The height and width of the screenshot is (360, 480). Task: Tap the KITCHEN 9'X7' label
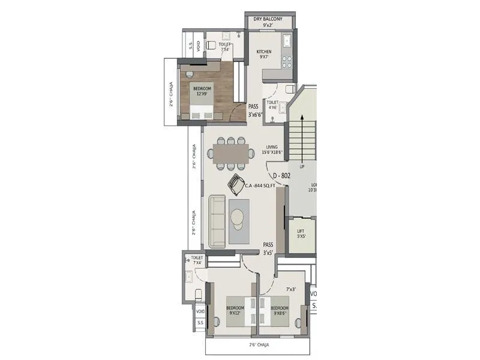coord(264,55)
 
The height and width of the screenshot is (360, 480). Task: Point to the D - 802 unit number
coord(282,176)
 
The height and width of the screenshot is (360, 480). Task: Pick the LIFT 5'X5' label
coord(301,233)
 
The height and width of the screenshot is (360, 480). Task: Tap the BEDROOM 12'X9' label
coord(201,91)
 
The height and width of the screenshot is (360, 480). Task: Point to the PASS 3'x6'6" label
coord(256,110)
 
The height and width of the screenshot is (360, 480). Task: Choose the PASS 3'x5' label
coord(268,248)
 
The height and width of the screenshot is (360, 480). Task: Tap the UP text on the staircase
coord(302,167)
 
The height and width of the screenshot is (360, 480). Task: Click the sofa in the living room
coord(217,220)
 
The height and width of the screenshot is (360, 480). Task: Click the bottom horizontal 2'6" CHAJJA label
coord(259,345)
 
